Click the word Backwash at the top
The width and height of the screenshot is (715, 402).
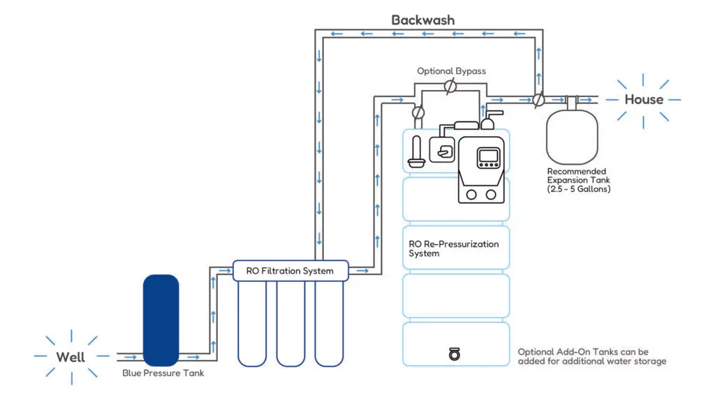(x=422, y=20)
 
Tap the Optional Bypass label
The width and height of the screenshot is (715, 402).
(x=452, y=71)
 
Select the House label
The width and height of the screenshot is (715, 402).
(x=644, y=99)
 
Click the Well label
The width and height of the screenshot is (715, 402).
(x=71, y=357)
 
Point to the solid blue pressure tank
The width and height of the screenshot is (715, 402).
(x=161, y=320)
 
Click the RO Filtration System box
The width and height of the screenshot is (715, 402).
(x=290, y=271)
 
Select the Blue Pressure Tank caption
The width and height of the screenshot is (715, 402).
(x=163, y=373)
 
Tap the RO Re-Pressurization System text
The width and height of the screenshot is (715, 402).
(x=454, y=249)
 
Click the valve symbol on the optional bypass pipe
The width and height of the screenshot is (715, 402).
(x=450, y=86)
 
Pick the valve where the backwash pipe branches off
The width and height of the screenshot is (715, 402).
(x=538, y=99)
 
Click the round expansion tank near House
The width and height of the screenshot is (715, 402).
(x=573, y=137)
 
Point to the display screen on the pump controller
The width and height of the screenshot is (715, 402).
(x=488, y=157)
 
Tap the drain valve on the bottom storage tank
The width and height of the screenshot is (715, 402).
(x=454, y=354)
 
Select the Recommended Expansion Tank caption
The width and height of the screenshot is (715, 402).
(x=579, y=180)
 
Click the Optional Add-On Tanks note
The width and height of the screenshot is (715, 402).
(x=592, y=357)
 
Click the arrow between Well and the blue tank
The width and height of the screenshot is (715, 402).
(x=131, y=357)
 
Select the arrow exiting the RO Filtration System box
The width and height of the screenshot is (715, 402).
(x=362, y=271)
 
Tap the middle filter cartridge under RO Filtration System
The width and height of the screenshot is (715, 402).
(x=290, y=324)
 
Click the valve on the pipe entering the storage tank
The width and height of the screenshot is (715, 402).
(x=418, y=112)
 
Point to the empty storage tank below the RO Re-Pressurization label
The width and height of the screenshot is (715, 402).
(x=456, y=295)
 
